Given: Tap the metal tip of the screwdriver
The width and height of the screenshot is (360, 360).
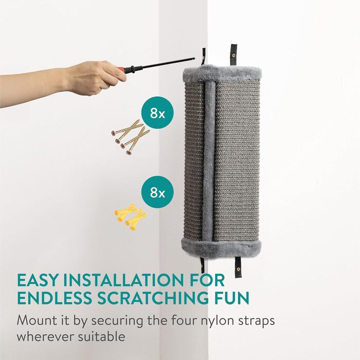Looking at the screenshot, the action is point(194,59).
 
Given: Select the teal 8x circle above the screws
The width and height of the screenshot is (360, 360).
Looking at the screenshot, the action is point(157,113).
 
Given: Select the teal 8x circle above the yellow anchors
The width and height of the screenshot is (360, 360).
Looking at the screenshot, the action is point(157,192).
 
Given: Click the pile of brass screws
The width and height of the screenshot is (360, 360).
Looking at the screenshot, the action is point(131,137).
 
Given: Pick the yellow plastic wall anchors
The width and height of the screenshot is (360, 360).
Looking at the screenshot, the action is point(131,217).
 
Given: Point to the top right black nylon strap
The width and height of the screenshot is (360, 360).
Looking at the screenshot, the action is point(233,55).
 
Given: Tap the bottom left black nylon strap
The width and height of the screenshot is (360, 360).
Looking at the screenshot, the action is point(202,264).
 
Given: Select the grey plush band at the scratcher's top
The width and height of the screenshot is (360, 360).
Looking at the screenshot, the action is point(222,73).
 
